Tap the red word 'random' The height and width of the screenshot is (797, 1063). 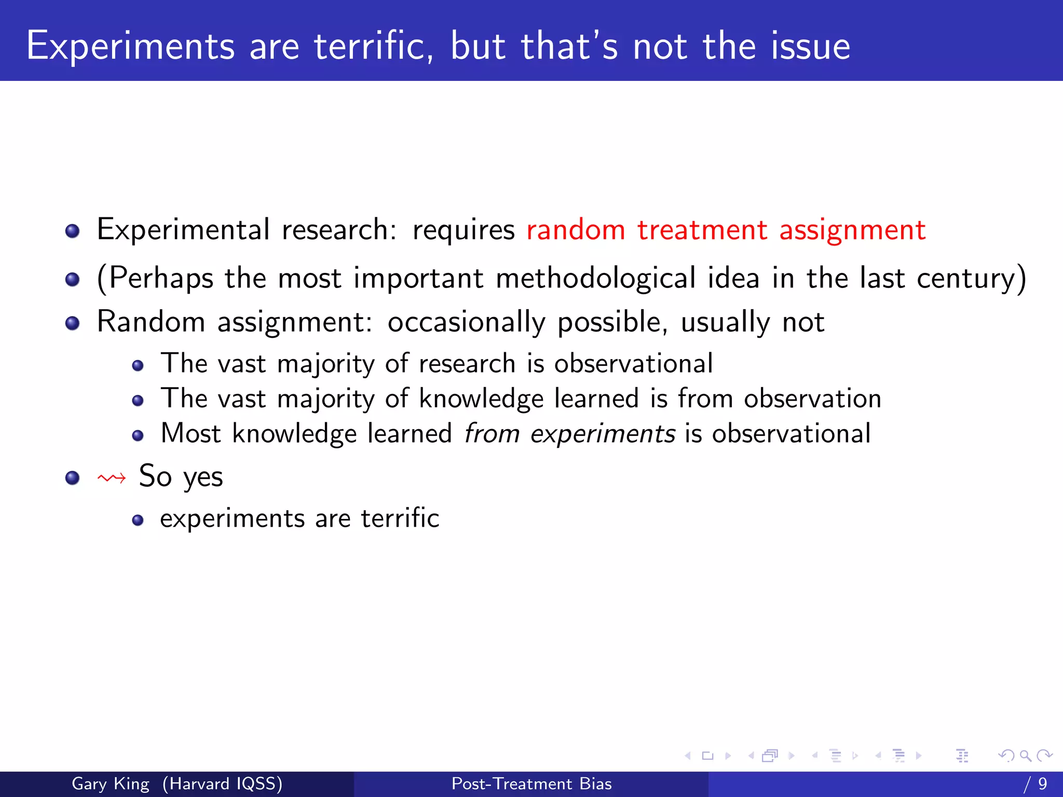[x=576, y=230]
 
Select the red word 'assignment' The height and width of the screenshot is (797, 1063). [x=852, y=230]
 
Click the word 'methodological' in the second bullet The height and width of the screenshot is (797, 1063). [x=595, y=278]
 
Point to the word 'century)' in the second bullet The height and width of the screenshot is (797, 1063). [x=971, y=278]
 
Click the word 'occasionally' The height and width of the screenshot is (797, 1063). [x=466, y=322]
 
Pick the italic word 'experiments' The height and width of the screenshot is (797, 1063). [x=603, y=434]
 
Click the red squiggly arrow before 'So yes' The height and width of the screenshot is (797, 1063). [x=112, y=477]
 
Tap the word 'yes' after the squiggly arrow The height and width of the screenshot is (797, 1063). [x=203, y=477]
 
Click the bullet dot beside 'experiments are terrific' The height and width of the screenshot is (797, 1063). [x=138, y=520]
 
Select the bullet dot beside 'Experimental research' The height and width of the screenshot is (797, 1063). [x=73, y=231]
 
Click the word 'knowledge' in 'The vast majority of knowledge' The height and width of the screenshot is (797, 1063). [x=481, y=399]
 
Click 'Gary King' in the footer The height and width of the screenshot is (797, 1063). [x=110, y=784]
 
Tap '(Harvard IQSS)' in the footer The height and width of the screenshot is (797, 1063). [x=222, y=784]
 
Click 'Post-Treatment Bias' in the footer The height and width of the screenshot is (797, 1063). [x=531, y=784]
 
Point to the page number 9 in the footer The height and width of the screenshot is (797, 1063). [x=1042, y=784]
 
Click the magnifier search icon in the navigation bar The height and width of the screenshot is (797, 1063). [x=1025, y=755]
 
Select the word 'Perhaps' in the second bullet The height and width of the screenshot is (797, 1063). [x=161, y=278]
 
